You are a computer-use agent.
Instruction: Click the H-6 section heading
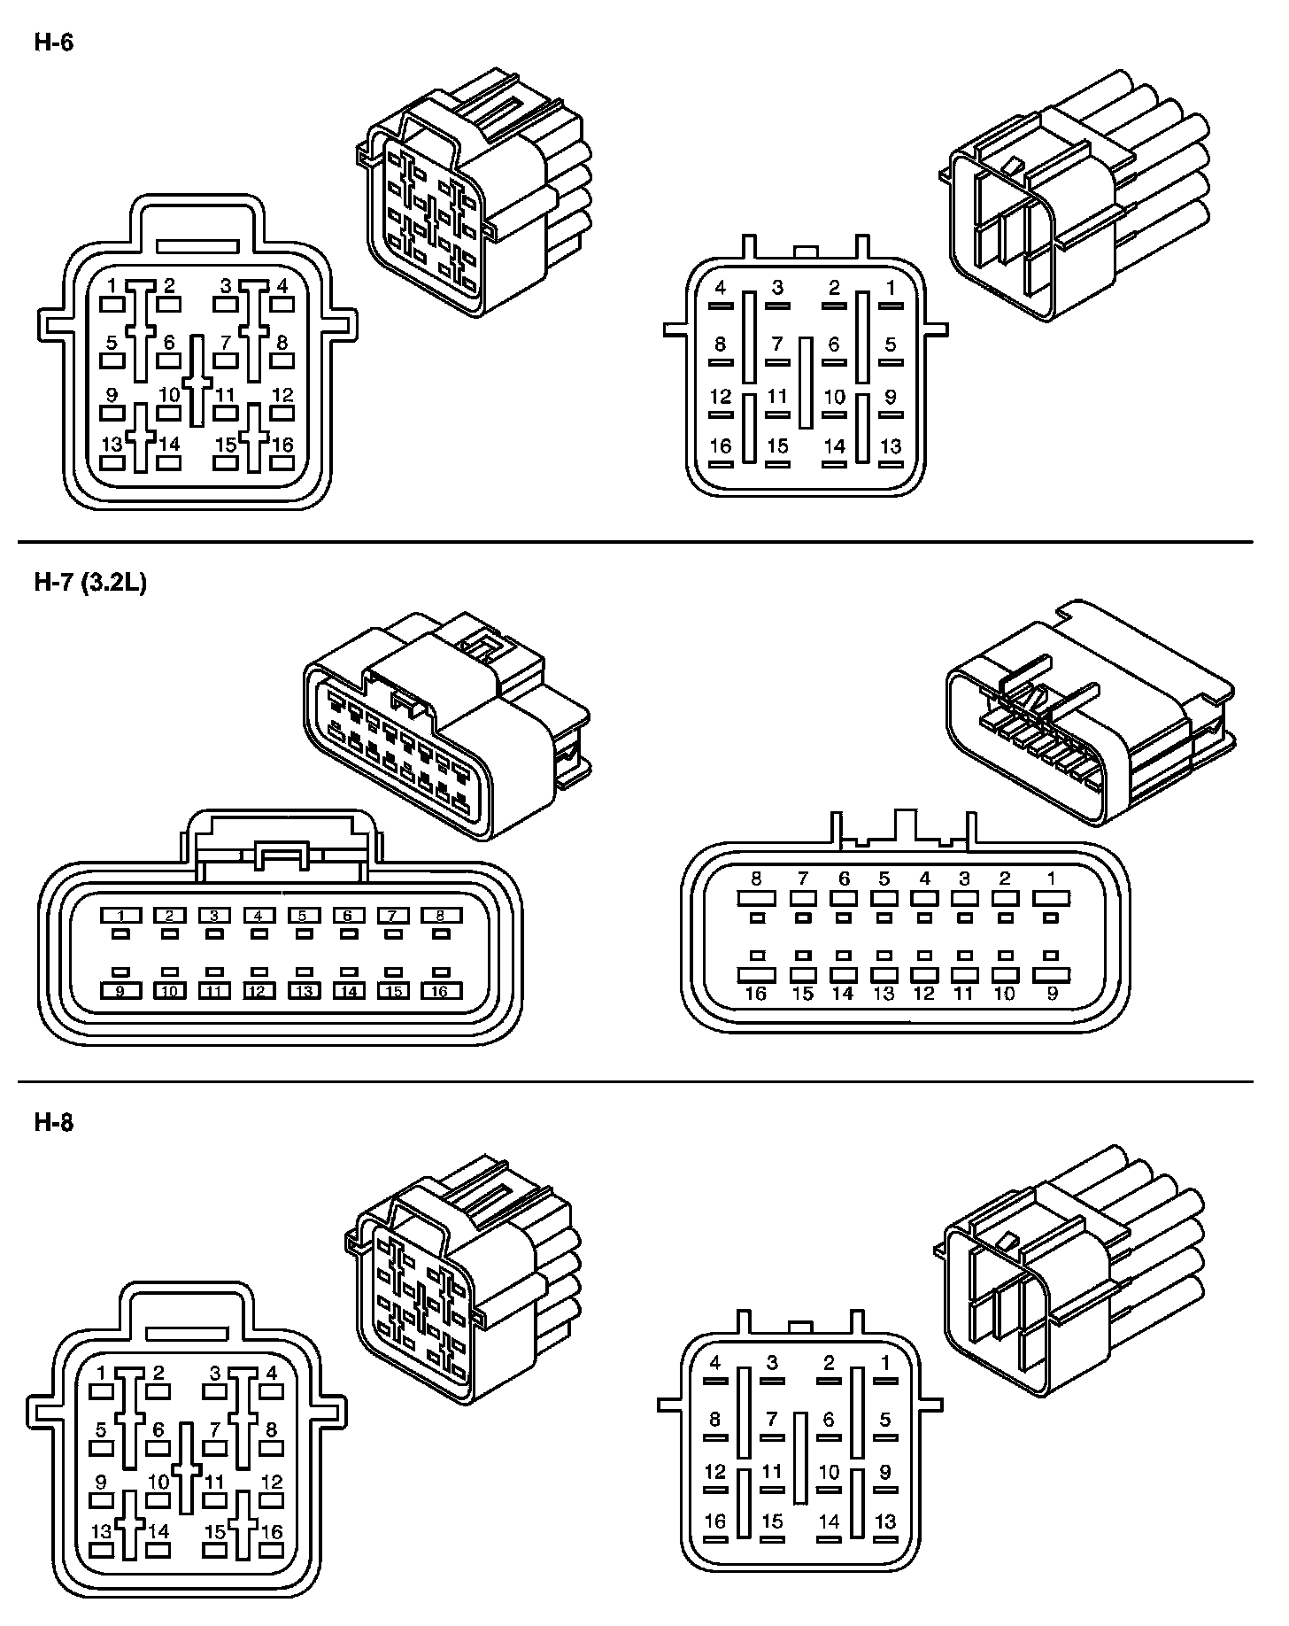[x=53, y=43]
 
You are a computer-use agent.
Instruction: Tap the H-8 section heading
[x=53, y=1123]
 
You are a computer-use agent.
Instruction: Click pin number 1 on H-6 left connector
[x=112, y=285]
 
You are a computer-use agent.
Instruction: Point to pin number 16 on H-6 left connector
[x=282, y=445]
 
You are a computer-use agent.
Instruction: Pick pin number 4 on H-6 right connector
[x=721, y=288]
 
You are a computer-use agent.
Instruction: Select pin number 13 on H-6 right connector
[x=891, y=446]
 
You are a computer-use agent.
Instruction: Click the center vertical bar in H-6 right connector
[x=805, y=383]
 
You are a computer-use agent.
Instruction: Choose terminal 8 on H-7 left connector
[x=439, y=916]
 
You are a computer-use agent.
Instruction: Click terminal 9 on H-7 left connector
[x=121, y=991]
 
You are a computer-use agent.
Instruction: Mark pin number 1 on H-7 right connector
[x=1051, y=879]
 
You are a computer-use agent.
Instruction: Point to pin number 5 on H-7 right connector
[x=884, y=879]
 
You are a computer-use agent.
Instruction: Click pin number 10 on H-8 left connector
[x=158, y=1481]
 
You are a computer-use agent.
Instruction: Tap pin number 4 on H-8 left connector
[x=272, y=1374]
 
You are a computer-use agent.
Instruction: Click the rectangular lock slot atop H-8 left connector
[x=187, y=1334]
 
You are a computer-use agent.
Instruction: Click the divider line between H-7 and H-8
[x=636, y=1082]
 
